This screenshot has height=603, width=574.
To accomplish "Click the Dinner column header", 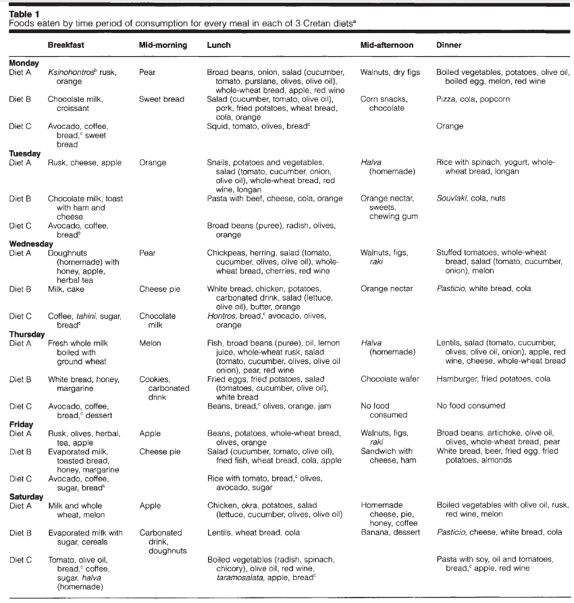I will click(449, 45).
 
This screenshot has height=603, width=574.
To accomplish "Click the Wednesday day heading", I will click(30, 244).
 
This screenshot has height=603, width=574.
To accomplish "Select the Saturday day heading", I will click(26, 496).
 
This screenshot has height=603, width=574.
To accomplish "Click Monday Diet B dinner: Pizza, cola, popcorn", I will click(473, 99).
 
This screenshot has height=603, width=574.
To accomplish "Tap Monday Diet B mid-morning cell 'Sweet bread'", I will click(161, 99).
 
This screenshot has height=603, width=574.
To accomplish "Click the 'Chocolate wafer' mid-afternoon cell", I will click(390, 379).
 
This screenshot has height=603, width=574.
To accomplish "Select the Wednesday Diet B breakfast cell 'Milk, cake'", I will click(67, 289).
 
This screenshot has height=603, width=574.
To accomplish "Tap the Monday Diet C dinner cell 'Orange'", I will click(450, 126).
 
